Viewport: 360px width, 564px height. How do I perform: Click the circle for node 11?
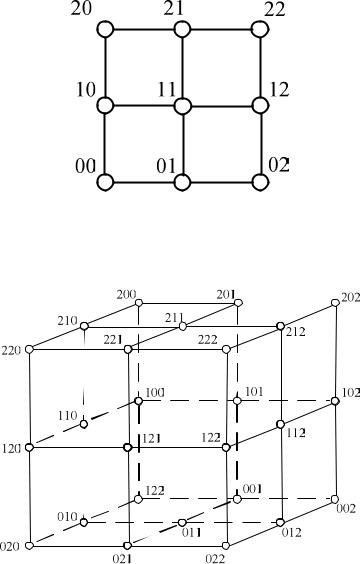182,106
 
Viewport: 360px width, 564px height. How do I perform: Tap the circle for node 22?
260,29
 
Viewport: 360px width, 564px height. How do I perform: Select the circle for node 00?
105,182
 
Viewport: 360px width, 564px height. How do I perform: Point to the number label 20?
81,9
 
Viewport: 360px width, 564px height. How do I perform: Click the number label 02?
279,165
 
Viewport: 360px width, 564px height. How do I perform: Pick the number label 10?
86,89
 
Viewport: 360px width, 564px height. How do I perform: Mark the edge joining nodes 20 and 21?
144,29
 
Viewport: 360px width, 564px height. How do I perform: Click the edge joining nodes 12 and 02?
260,144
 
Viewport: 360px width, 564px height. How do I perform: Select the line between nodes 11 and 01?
183,144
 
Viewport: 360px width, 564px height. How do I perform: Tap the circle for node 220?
29,349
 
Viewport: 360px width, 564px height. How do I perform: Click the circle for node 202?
335,303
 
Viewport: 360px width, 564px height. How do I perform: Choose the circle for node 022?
226,546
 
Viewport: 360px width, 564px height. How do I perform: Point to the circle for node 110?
84,424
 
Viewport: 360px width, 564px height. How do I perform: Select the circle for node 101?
237,401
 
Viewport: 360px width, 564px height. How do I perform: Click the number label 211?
174,318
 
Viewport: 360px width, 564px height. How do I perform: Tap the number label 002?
346,508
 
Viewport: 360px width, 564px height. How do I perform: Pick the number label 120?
11,449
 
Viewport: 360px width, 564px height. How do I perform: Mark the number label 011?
191,532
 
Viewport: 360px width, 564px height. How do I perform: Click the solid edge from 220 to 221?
79,349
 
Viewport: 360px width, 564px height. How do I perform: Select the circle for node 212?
281,326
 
